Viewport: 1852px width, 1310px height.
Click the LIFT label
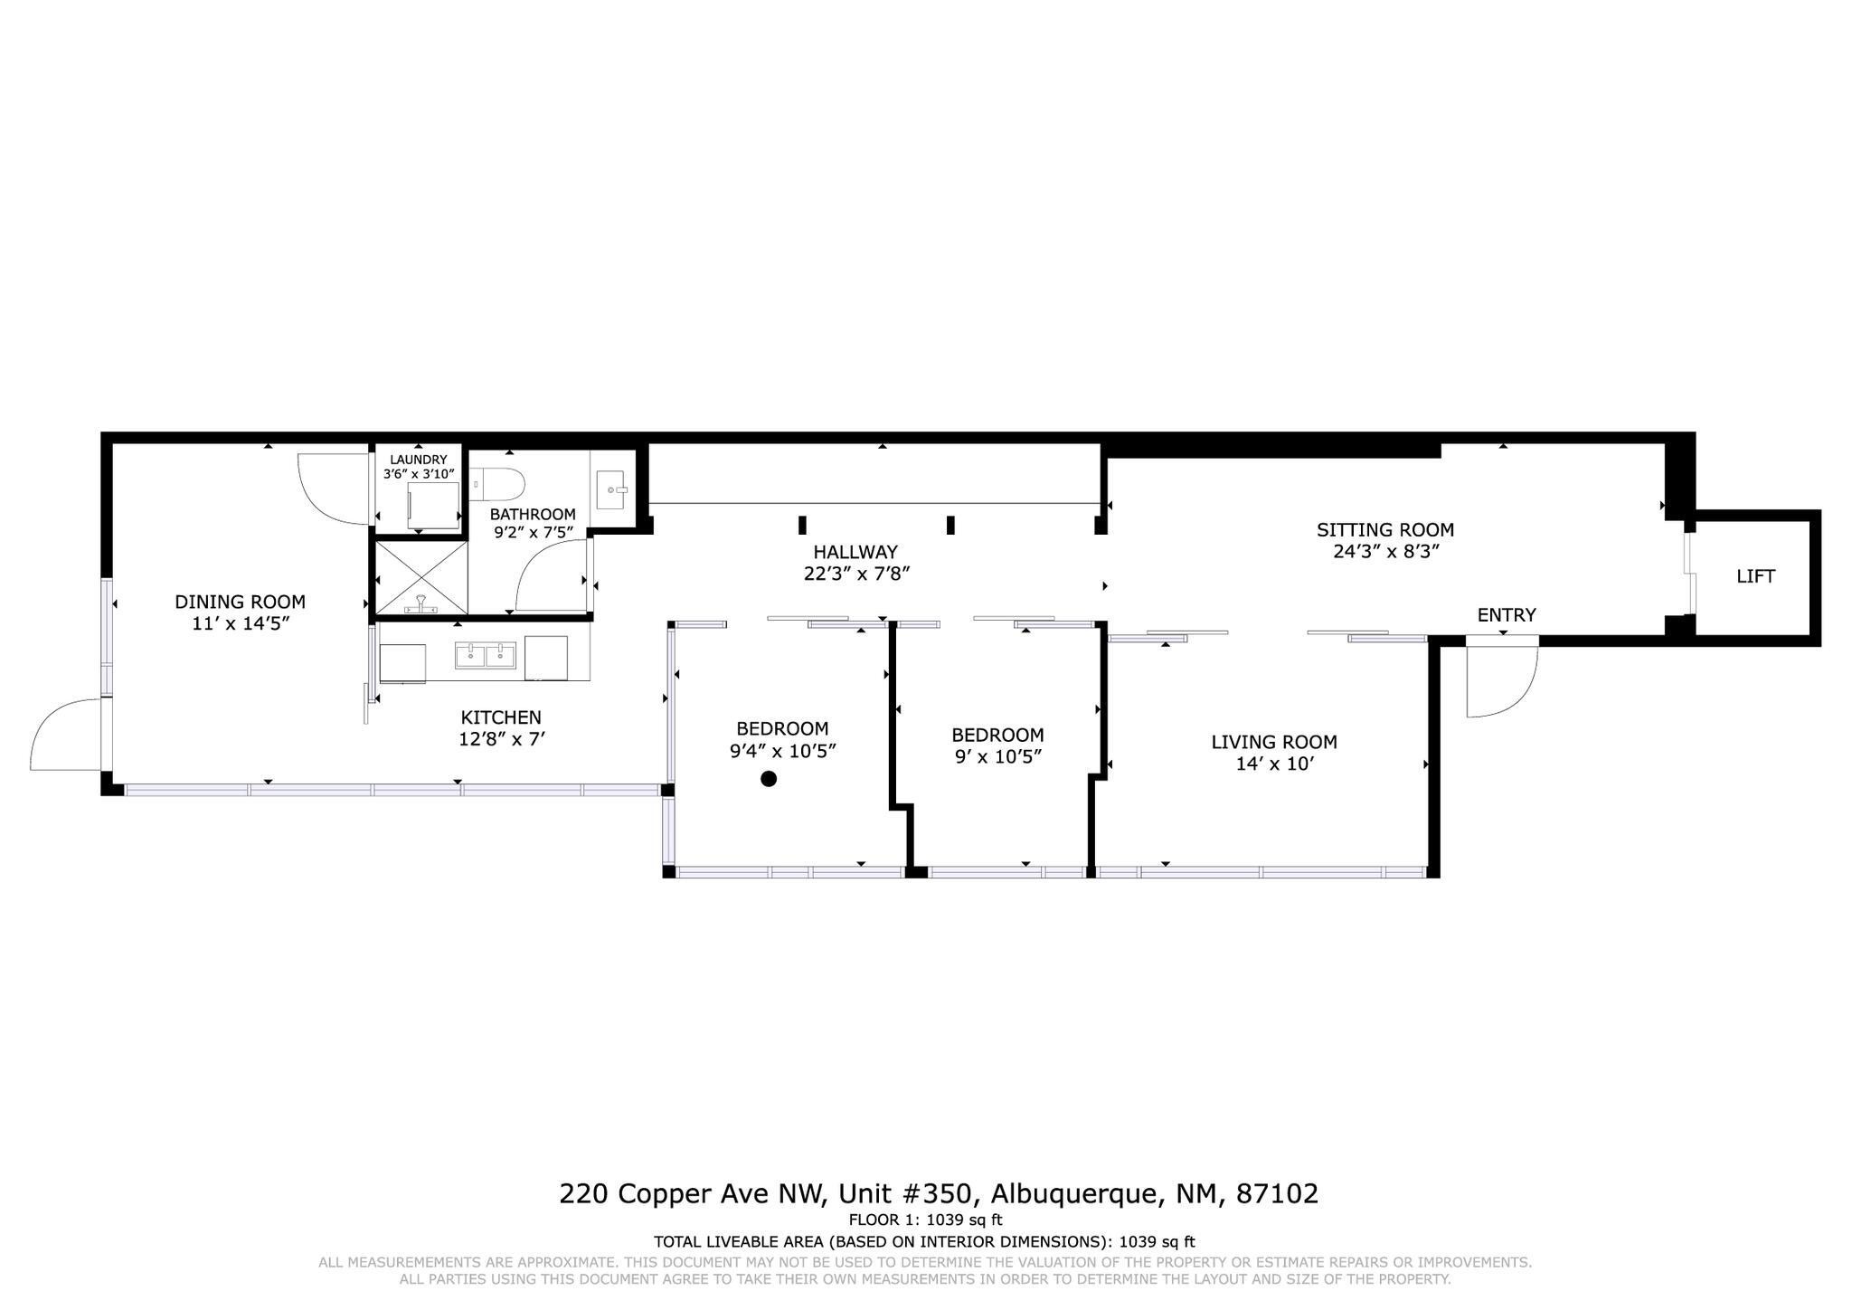click(1755, 576)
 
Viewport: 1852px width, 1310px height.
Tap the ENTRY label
click(1506, 615)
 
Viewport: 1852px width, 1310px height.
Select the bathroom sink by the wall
click(612, 489)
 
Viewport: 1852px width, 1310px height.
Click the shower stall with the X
click(420, 578)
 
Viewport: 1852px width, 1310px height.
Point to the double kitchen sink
click(486, 655)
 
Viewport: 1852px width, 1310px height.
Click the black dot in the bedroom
click(769, 778)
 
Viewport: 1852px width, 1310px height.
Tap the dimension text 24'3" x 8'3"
click(1385, 551)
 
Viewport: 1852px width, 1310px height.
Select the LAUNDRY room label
click(418, 460)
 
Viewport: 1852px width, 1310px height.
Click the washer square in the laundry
click(432, 505)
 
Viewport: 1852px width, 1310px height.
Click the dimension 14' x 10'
click(1273, 764)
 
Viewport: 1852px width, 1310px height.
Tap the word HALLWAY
click(855, 552)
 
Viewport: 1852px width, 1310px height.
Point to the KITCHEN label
click(500, 717)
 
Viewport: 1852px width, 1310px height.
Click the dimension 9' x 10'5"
click(998, 756)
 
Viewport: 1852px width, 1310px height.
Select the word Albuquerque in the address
click(1073, 1194)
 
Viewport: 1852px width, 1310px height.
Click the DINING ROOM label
click(240, 602)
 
